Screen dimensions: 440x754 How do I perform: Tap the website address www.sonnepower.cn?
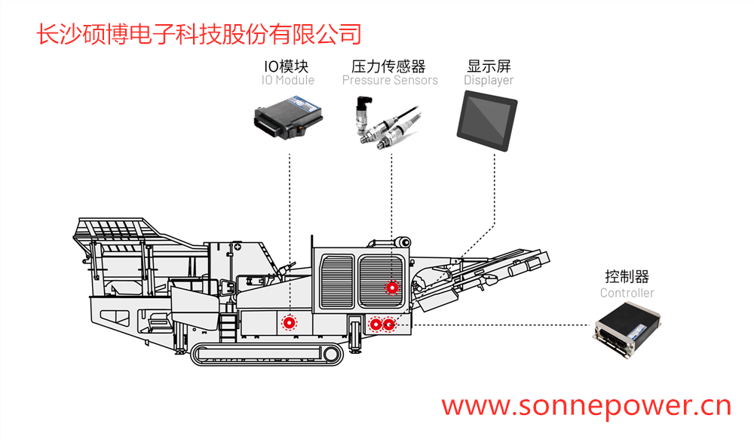point(586,406)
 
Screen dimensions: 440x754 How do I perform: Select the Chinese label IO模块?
point(287,66)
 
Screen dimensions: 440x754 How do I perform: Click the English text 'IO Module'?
point(287,80)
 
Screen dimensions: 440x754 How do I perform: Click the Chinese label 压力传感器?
point(389,66)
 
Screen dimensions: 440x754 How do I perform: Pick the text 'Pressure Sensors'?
point(389,80)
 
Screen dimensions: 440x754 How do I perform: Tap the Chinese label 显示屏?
point(489,66)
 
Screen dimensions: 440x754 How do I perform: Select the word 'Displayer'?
point(489,80)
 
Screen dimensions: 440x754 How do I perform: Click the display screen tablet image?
point(488,116)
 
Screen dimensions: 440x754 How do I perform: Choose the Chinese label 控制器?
point(627,277)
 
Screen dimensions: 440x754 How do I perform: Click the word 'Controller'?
point(627,293)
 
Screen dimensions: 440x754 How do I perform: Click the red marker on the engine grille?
point(391,287)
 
